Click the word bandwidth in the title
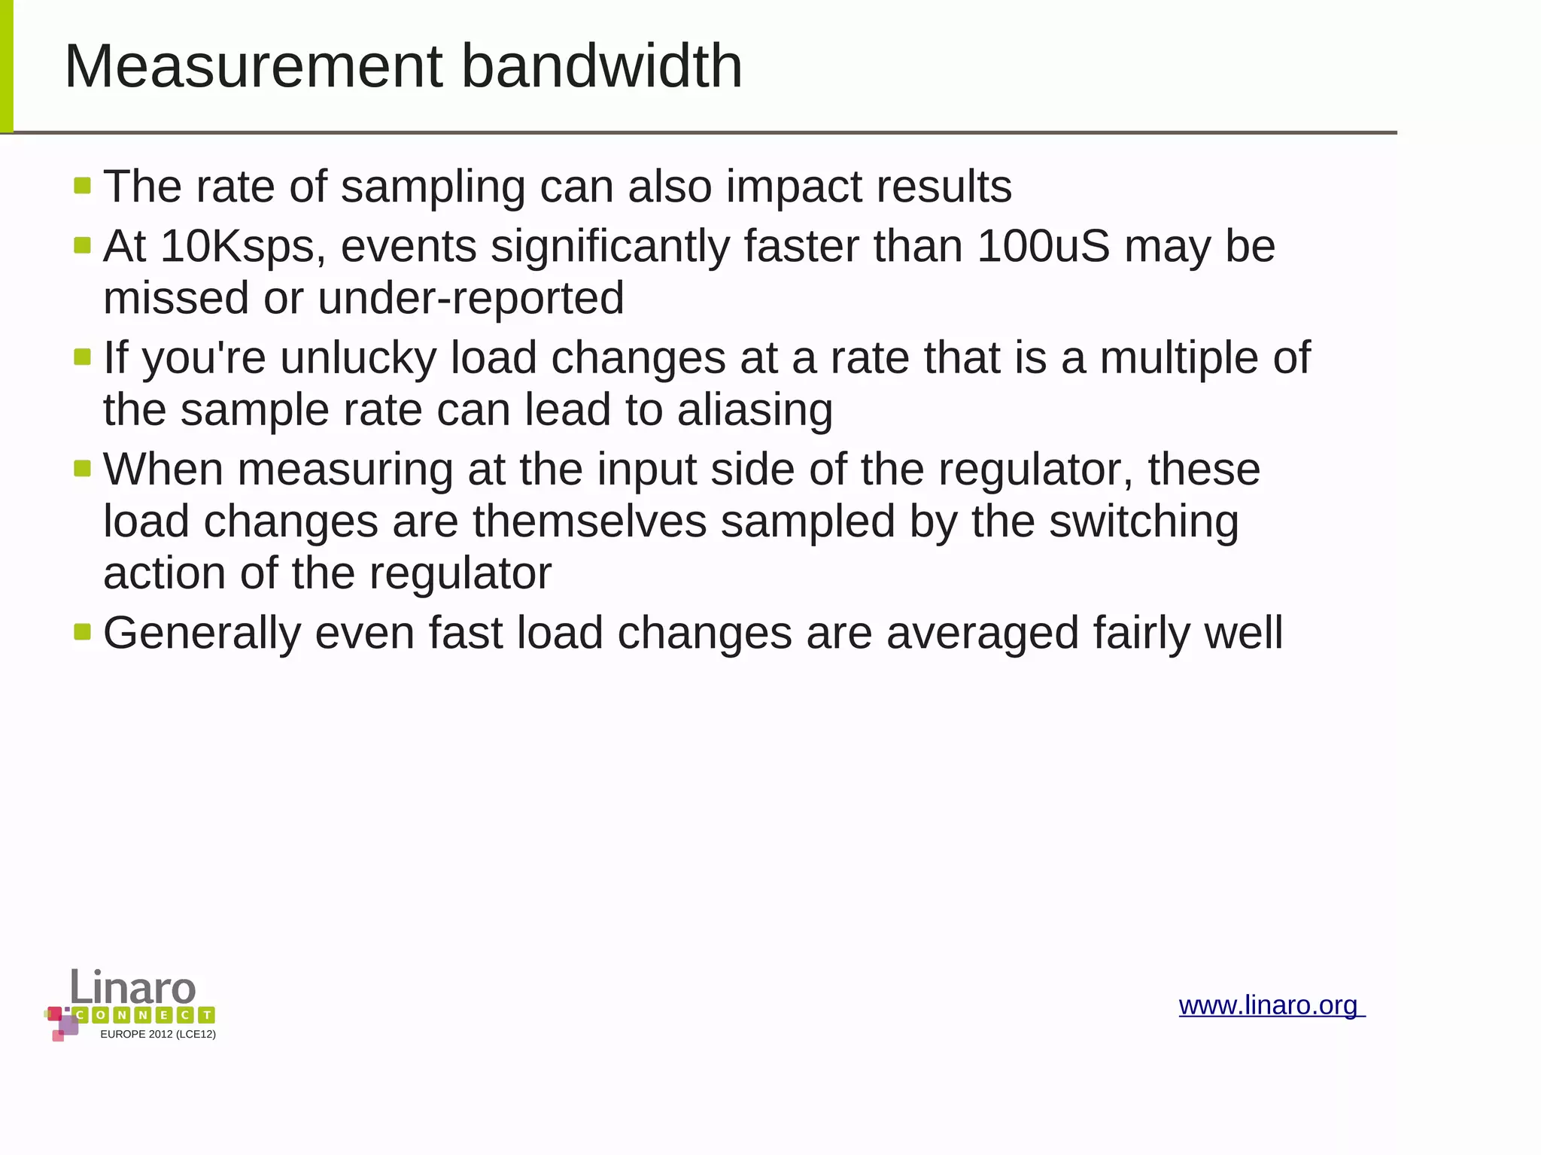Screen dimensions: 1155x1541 [x=601, y=66]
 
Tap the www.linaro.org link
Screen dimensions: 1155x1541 [x=1270, y=1005]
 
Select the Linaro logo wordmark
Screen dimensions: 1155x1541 [x=133, y=987]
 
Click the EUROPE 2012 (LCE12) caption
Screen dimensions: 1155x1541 [x=158, y=1035]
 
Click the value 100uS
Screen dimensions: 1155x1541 [x=1043, y=247]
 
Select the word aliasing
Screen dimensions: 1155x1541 [x=755, y=411]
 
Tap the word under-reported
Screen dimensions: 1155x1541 [x=471, y=299]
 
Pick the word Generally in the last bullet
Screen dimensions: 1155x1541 [x=202, y=634]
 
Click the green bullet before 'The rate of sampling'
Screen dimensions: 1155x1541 [x=83, y=185]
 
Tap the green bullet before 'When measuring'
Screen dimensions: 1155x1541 [x=83, y=469]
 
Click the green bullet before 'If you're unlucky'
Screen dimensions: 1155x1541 [x=83, y=357]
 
